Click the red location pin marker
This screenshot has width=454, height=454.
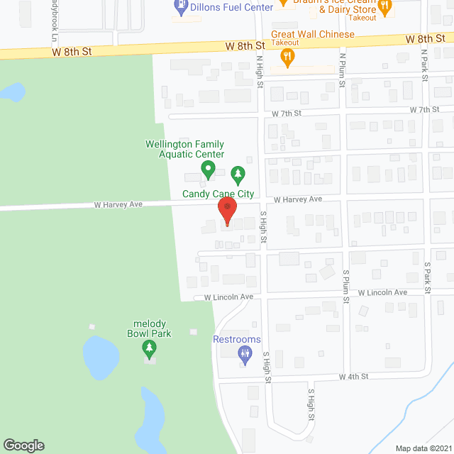point(227,210)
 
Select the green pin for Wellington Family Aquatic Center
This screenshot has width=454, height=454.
point(208,170)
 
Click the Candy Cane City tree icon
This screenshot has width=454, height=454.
point(238,173)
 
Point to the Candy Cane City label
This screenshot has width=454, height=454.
point(218,193)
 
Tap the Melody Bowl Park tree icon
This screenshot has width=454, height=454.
point(149,348)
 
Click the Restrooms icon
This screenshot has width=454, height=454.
point(245,354)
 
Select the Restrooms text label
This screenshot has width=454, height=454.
point(237,340)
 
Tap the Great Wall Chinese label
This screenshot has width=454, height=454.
point(312,34)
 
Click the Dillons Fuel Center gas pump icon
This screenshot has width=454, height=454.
point(181,8)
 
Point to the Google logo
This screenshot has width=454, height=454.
point(23,445)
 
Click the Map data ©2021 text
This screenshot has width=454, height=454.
point(423,448)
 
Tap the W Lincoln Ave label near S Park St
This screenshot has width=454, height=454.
point(382,292)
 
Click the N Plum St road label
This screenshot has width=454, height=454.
point(342,70)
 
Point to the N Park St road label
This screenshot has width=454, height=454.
point(423,65)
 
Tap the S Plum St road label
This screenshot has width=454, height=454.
point(346,286)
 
